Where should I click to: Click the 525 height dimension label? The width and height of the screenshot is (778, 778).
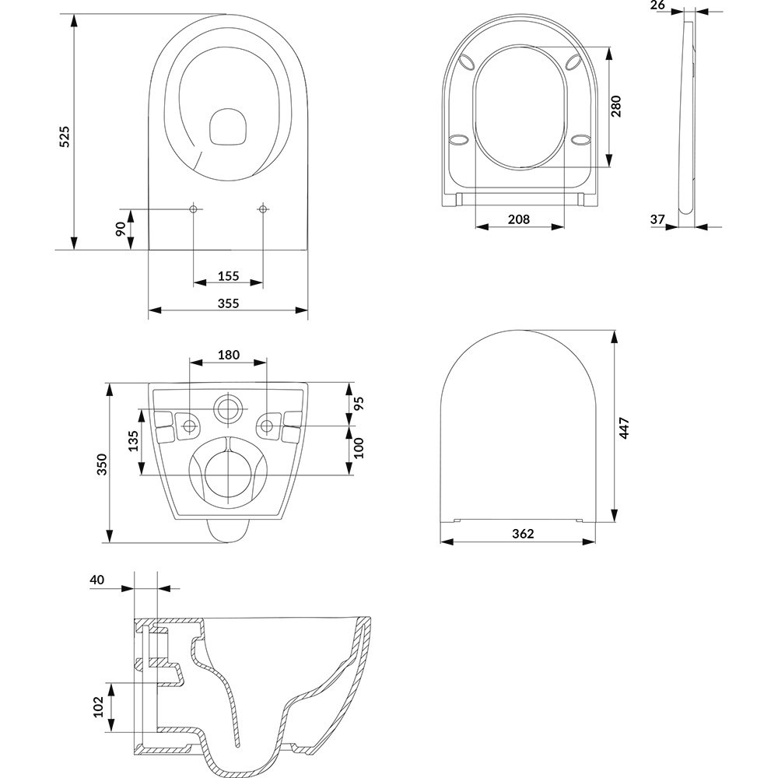65,137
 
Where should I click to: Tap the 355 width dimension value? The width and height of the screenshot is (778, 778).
228,303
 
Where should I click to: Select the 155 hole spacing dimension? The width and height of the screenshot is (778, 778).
228,276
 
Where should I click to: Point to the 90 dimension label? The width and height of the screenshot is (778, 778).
121,230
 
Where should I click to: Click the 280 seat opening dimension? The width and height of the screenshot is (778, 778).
615,106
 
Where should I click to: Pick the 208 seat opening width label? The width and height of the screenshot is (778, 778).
519,219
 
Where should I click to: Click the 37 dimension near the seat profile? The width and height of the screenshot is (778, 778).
657,219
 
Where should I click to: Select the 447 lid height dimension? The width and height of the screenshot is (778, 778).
624,428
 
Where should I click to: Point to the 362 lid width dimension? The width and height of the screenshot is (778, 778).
523,534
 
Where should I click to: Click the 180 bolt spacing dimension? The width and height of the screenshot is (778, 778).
228,355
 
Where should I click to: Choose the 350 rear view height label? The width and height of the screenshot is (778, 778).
102,464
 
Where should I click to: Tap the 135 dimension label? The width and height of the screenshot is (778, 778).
133,440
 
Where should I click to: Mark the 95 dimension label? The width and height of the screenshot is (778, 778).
359,403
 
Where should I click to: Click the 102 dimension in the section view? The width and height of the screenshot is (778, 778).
98,707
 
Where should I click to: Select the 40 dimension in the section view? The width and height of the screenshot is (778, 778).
97,580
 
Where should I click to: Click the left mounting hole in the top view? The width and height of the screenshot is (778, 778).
194,209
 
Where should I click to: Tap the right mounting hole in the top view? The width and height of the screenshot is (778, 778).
263,209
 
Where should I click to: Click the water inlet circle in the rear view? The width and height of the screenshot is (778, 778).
228,410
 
